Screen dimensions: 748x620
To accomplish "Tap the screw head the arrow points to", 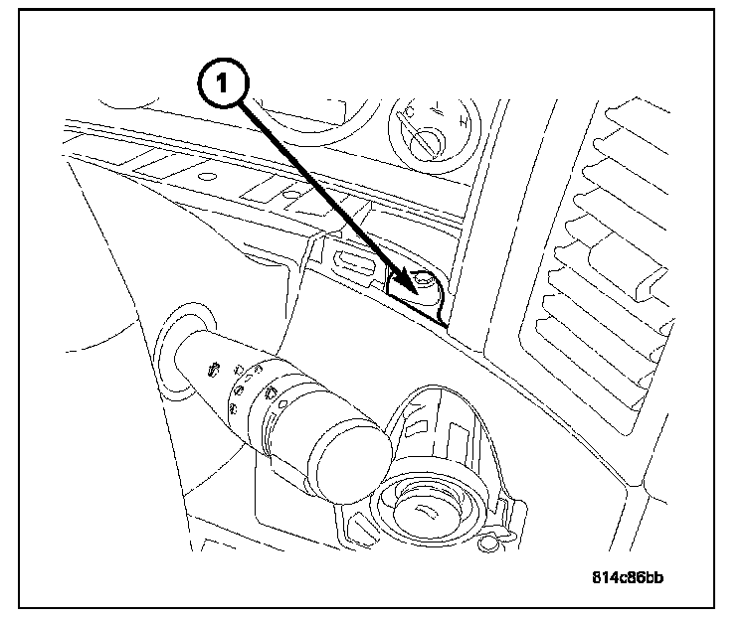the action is [424, 282].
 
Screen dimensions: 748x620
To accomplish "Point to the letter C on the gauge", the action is [409, 116].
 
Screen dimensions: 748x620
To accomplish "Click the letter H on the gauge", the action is [464, 124].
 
